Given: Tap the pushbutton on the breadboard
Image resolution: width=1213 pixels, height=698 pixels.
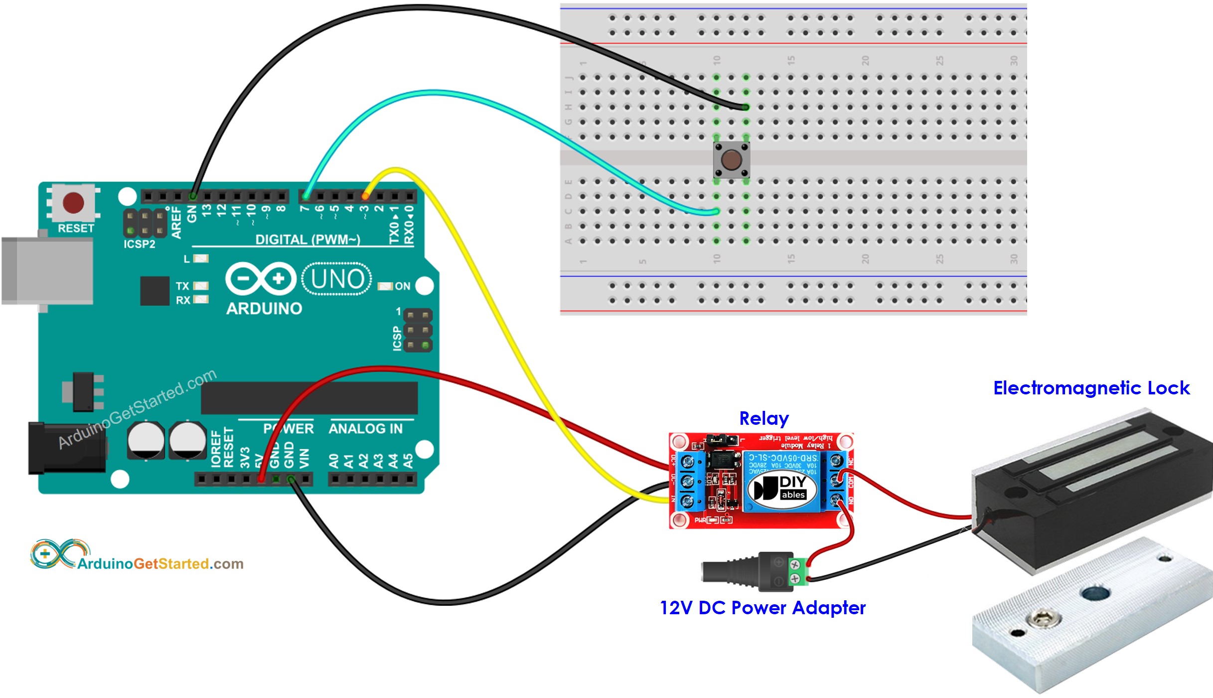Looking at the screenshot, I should coord(731,160).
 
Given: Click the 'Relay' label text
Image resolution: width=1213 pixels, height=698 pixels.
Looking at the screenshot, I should coord(763,418).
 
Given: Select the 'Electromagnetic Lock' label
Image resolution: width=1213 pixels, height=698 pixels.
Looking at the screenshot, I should coord(1091,388).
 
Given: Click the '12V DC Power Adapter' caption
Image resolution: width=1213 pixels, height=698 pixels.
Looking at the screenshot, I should coord(762,608).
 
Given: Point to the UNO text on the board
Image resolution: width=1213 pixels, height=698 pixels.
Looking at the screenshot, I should coord(337,279).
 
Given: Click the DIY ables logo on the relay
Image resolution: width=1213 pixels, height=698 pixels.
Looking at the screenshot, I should coord(782,488).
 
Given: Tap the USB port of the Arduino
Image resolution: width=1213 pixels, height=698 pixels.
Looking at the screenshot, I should coord(47,270).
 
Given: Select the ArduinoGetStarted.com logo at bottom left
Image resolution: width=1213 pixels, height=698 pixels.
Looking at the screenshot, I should coord(137,555).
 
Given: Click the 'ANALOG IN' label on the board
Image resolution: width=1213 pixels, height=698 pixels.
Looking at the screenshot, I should coord(365,429).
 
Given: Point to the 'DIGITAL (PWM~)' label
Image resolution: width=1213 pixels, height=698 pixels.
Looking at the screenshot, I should coord(307,240).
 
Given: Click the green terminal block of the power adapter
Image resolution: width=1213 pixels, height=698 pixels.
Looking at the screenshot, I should coord(796,571).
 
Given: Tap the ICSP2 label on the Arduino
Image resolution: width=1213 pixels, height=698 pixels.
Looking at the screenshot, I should coord(140,244).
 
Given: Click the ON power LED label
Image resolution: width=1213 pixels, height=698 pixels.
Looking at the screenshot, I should coord(402,286).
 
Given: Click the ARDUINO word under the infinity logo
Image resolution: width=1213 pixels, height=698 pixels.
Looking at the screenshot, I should coord(264,309).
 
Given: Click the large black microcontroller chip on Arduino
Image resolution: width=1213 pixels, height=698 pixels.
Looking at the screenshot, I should coord(309,398).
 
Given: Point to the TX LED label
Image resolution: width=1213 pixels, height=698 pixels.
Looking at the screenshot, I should coord(182,286).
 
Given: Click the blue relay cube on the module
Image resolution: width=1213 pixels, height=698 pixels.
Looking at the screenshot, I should coord(781,481).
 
